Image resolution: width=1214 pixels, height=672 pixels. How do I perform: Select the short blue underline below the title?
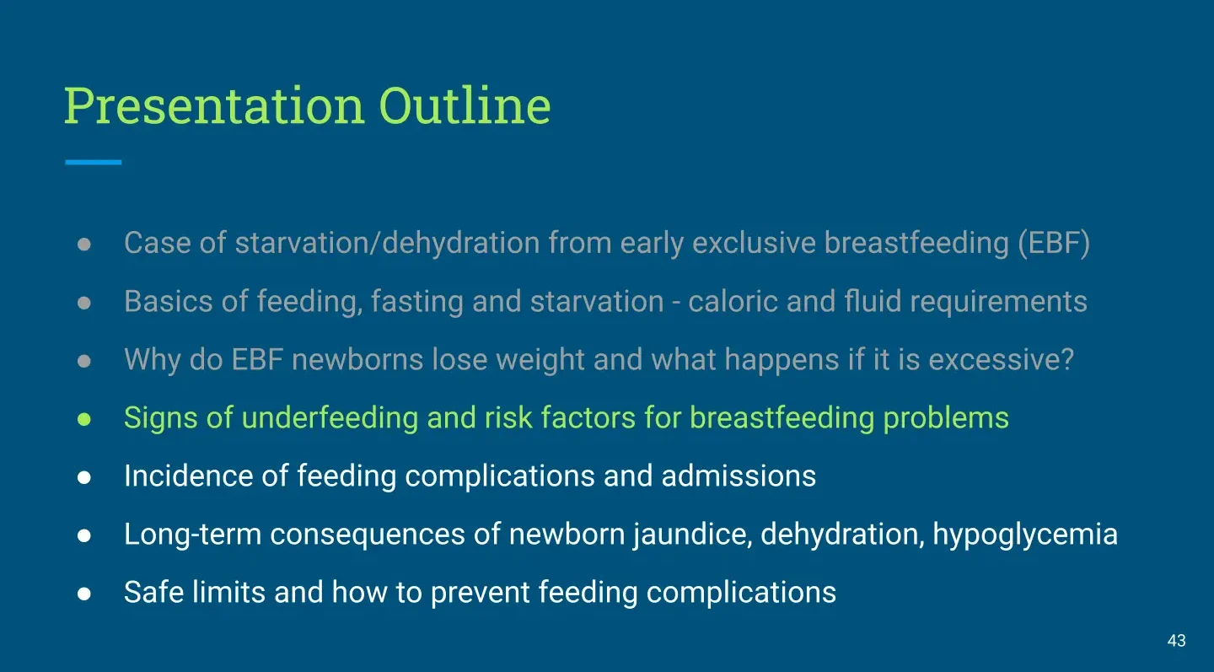pos(94,162)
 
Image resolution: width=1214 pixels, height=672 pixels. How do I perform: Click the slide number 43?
pos(1177,641)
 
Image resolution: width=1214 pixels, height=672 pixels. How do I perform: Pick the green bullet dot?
pos(84,419)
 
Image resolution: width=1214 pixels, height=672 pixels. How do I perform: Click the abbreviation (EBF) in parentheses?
pos(1054,243)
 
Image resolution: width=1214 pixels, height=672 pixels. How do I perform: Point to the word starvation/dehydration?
pos(387,242)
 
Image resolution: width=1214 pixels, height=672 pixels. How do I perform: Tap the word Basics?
pos(168,301)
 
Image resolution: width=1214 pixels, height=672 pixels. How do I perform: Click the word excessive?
pos(1001,359)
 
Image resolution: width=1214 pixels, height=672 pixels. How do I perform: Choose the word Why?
pos(153,360)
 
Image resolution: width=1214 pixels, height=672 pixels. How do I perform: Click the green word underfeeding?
pos(330,418)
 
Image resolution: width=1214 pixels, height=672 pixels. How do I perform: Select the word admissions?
pos(739,476)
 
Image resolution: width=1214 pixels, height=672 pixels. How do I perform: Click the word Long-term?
pos(193,535)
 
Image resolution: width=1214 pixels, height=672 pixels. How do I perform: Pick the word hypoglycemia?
pos(1025,535)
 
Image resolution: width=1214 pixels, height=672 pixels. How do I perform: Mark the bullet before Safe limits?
pos(84,594)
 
